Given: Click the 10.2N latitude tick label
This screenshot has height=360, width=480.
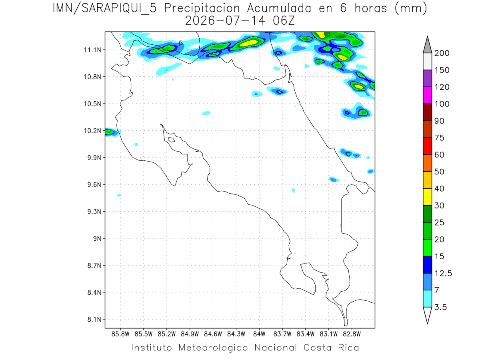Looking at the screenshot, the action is click(x=92, y=131).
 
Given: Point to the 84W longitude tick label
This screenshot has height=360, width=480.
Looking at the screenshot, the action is click(x=259, y=334).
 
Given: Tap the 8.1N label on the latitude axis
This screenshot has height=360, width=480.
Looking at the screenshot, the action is click(x=94, y=320).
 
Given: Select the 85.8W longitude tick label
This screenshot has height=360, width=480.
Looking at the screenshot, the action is click(x=120, y=334).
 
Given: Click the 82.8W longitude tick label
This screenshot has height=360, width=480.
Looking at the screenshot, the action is click(x=352, y=334).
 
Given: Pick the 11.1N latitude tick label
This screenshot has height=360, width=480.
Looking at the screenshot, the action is click(x=92, y=50).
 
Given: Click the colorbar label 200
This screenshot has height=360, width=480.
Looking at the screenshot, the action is click(x=442, y=53).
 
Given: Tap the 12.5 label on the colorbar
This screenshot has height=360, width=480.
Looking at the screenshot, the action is click(x=443, y=274).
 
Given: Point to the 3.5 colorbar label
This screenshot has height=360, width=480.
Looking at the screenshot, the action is click(x=440, y=307).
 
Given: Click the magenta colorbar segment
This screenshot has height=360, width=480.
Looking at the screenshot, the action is click(x=428, y=95).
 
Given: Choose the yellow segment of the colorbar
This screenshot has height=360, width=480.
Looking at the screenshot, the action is click(x=428, y=197).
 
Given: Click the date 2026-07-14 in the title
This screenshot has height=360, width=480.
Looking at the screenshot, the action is click(x=225, y=21).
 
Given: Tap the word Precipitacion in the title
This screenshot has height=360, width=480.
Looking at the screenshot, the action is click(x=202, y=9).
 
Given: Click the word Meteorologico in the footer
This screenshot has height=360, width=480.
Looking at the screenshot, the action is click(x=213, y=348).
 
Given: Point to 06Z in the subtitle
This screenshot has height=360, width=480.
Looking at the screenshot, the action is click(x=284, y=21).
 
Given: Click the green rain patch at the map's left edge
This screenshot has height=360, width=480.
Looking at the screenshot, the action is click(x=109, y=132).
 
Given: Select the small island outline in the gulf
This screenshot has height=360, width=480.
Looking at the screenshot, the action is click(x=172, y=140).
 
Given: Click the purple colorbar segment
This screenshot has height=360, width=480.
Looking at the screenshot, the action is click(x=428, y=78).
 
